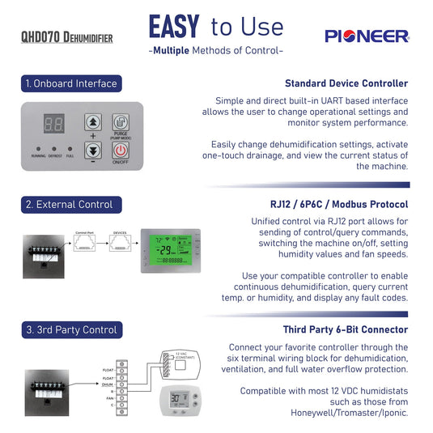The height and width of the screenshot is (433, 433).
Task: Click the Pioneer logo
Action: [367, 36]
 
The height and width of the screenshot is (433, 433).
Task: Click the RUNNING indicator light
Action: [39, 149]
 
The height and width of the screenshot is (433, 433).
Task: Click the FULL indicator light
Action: [70, 149]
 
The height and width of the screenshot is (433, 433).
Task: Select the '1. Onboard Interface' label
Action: [71, 83]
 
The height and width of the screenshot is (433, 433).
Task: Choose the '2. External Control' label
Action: [69, 204]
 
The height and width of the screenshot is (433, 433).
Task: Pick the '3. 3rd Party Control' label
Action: [71, 329]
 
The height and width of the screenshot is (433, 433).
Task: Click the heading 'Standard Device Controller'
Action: [346, 83]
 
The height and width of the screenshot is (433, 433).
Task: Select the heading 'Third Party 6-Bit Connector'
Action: [344, 329]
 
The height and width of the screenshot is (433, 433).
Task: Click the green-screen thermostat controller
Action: [166, 248]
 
